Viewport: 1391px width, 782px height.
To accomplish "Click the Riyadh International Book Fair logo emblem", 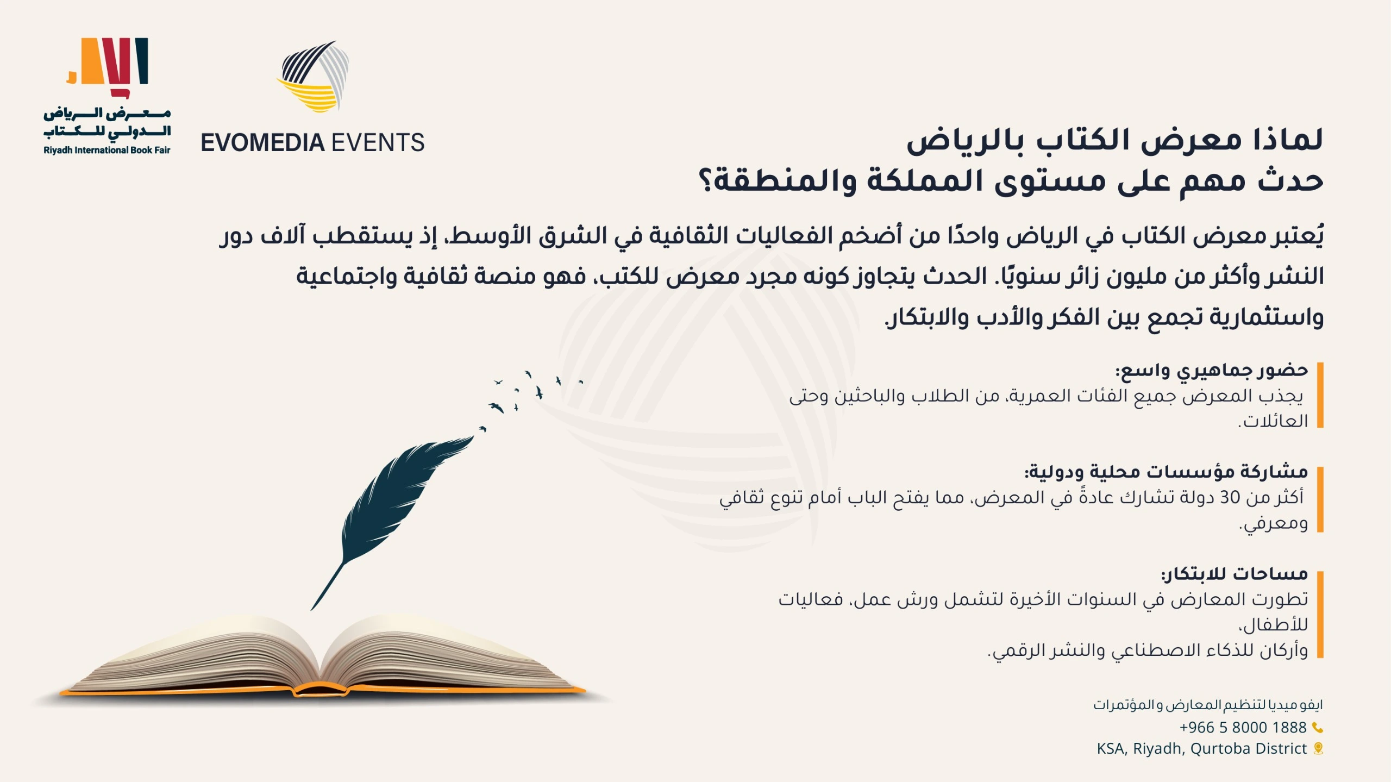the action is [x=108, y=68].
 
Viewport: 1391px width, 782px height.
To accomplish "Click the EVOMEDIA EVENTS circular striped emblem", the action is [x=313, y=77].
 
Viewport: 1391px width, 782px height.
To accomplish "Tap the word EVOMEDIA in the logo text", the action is [x=262, y=143].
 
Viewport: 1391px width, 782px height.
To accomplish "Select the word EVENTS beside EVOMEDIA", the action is [x=378, y=143].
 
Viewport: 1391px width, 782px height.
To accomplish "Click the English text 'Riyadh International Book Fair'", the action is [x=107, y=151].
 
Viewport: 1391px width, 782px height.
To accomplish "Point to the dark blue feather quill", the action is [x=392, y=522].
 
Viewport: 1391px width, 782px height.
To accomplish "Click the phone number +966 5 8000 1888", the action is [x=1243, y=727].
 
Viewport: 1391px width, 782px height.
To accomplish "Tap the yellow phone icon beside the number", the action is [x=1317, y=727].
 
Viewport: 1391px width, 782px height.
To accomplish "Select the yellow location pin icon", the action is [x=1318, y=749].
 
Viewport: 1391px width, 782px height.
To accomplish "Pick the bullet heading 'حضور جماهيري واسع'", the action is [x=1212, y=371].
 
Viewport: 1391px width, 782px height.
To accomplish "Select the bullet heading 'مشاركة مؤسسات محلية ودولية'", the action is [x=1166, y=472].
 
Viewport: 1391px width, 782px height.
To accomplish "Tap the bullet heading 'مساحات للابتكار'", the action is [x=1235, y=574].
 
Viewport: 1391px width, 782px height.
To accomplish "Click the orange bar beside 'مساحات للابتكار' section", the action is [x=1320, y=615].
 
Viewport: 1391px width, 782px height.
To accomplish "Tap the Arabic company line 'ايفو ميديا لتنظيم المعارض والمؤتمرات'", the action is [x=1208, y=705].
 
